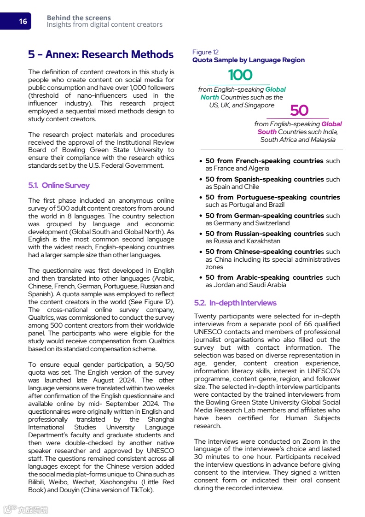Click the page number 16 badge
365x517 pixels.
click(22, 21)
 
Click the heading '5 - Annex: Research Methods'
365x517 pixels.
click(100, 54)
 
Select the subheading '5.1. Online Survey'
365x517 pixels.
click(59, 185)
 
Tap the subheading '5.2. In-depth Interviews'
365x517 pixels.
click(235, 303)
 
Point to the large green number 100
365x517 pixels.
click(240, 75)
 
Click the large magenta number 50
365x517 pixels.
click(299, 111)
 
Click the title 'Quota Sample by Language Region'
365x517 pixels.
click(248, 60)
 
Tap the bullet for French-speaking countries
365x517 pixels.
click(201, 161)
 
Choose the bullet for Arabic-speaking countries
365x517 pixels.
click(201, 278)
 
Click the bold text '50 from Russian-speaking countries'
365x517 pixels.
click(264, 234)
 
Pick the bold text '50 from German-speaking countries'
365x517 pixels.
click(264, 216)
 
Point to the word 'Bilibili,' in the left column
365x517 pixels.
click(39, 482)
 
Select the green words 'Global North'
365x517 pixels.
click(243, 94)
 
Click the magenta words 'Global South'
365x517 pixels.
click(299, 128)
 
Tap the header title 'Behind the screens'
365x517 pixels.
click(79, 18)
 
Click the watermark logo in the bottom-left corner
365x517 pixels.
click(26, 509)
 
